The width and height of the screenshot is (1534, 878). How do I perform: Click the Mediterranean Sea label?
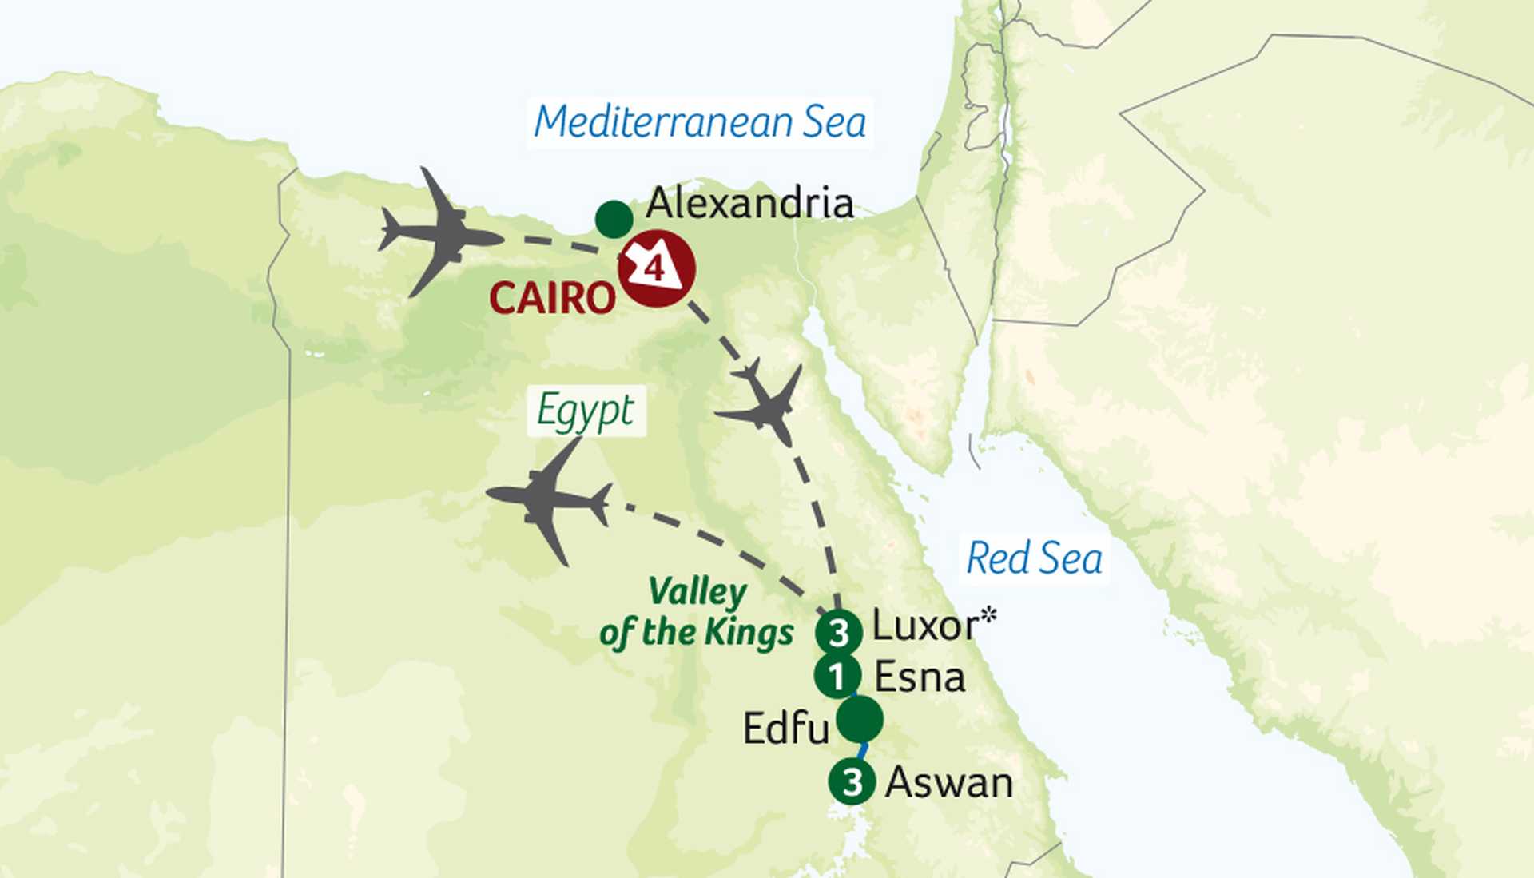pos(700,123)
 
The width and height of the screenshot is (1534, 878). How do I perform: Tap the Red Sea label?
pos(1034,558)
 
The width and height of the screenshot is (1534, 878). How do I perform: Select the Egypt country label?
pos(586,411)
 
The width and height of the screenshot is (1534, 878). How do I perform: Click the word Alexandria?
pos(749,203)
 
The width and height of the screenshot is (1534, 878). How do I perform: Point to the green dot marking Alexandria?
pos(614,219)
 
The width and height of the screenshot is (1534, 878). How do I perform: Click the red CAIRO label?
pos(552,299)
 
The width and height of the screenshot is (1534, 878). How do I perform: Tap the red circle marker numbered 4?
pos(657,268)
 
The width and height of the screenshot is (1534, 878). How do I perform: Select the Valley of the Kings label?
pos(697,613)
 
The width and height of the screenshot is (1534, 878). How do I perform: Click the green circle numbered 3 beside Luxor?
pos(838,633)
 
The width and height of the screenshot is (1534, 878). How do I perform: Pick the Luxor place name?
pos(924,626)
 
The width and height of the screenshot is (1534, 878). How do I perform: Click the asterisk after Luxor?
pos(989,615)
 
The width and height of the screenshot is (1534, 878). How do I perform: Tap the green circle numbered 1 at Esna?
pos(837,677)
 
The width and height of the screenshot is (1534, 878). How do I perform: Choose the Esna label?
pos(920,677)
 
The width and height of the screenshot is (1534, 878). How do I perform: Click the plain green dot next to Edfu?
pos(860,720)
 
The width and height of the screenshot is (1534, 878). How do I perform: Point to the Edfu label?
pos(785,729)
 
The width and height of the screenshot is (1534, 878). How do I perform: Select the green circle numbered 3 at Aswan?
pos(852,781)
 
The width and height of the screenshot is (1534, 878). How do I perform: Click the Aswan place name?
pos(949,783)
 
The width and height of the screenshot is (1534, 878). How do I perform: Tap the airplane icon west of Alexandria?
pos(441,233)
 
